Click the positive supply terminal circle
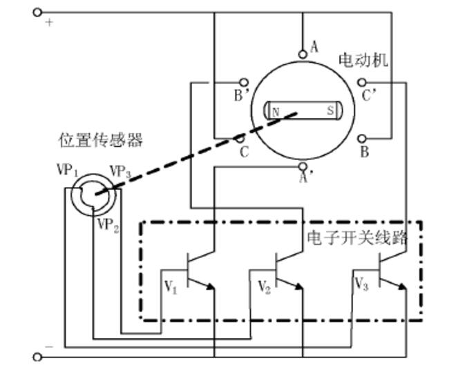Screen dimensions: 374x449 (x=38, y=12)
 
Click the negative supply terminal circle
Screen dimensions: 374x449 (x=38, y=357)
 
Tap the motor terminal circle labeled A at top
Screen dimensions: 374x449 (x=302, y=54)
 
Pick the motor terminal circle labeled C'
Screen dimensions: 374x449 (x=362, y=82)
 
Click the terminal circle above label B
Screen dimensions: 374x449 (x=362, y=139)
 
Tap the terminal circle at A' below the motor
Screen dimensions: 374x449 (x=302, y=166)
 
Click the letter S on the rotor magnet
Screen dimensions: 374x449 (x=330, y=110)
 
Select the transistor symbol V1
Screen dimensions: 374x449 (x=197, y=270)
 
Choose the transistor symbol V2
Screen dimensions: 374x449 (x=285, y=270)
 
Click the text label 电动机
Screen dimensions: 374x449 (x=362, y=60)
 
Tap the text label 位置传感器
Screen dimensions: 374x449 (x=100, y=140)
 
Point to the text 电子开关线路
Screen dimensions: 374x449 (x=356, y=237)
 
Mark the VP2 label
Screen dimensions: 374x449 (x=108, y=225)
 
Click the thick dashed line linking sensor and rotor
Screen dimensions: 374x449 (x=193, y=155)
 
